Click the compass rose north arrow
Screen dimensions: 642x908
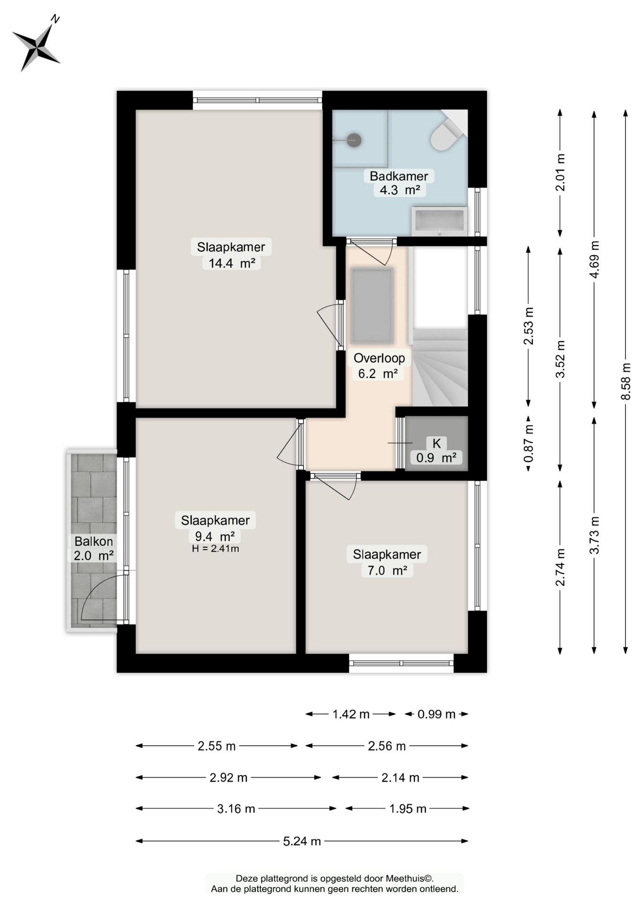point(36,44)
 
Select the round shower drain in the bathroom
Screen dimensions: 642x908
point(354,140)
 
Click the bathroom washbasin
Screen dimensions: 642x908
point(439,221)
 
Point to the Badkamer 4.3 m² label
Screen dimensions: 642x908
point(399,183)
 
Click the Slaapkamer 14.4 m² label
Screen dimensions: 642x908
point(231,254)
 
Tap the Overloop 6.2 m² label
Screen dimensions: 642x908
point(379,366)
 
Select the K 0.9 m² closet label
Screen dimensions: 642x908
point(436,450)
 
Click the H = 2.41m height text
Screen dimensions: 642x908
point(216,549)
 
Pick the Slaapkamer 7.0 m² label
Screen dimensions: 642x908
point(387,562)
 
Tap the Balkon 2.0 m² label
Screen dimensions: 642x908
point(94,548)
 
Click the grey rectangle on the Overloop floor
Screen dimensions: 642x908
point(372,306)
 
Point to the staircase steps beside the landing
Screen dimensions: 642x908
point(440,367)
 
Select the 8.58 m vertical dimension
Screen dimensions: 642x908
point(625,382)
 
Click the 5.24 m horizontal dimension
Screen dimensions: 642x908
point(302,841)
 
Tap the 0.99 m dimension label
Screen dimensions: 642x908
point(436,714)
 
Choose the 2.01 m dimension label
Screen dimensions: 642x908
point(560,173)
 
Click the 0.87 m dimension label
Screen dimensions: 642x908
point(529,443)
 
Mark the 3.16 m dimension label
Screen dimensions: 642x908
point(236,809)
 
